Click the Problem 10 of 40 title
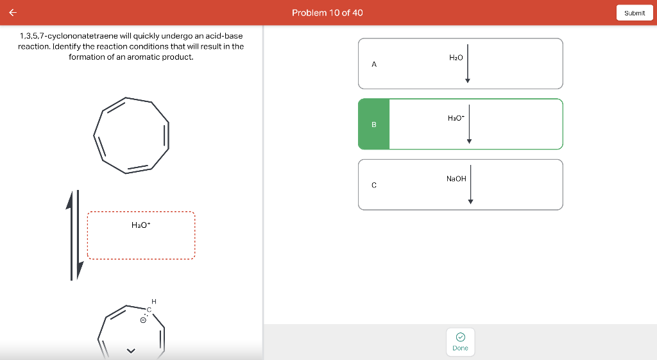pyautogui.click(x=327, y=13)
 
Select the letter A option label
pyautogui.click(x=374, y=64)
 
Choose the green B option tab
pyautogui.click(x=374, y=124)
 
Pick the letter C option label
pyautogui.click(x=374, y=185)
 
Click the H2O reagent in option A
pyautogui.click(x=456, y=58)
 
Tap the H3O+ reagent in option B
pyautogui.click(x=456, y=118)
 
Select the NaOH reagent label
pyautogui.click(x=456, y=178)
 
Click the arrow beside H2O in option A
pyautogui.click(x=468, y=64)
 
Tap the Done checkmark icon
pyautogui.click(x=460, y=337)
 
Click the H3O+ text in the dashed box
pyautogui.click(x=141, y=225)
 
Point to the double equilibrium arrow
pyautogui.click(x=74, y=235)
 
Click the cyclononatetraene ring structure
pyautogui.click(x=132, y=135)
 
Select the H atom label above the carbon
pyautogui.click(x=153, y=301)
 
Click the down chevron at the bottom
pyautogui.click(x=131, y=350)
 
